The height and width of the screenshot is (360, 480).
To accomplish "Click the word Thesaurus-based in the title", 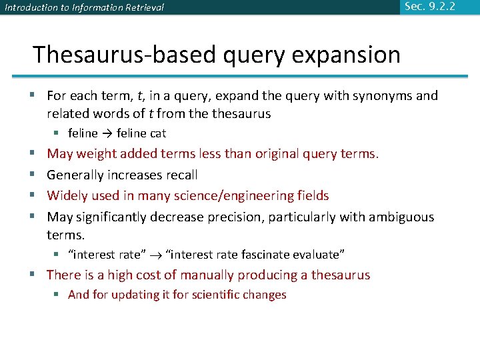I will pyautogui.click(x=123, y=54).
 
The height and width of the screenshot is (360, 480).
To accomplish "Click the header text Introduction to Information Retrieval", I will pyautogui.click(x=84, y=8).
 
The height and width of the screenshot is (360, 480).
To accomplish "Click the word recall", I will pyautogui.click(x=181, y=175).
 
